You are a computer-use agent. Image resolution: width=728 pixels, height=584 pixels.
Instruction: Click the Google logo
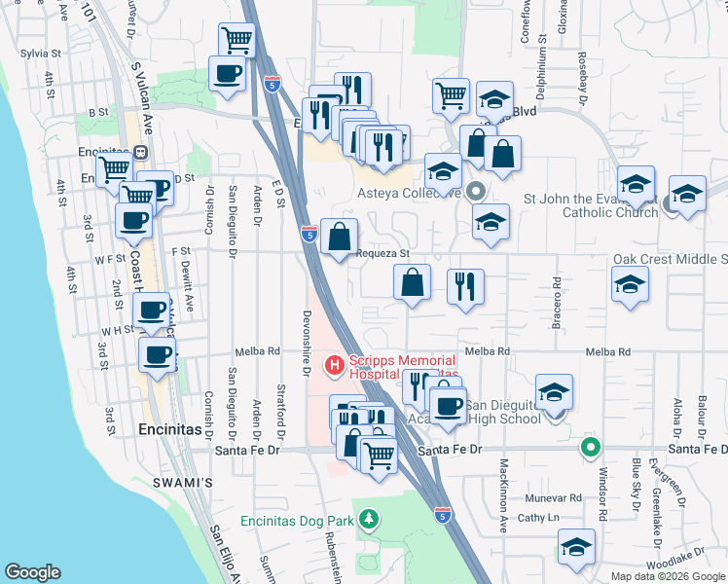pyautogui.click(x=33, y=572)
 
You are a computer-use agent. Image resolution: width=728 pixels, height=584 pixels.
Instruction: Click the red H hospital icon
pyautogui.click(x=334, y=365)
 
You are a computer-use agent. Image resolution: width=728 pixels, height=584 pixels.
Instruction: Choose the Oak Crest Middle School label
pyautogui.click(x=670, y=260)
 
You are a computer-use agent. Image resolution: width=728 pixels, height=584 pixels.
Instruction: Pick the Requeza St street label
pyautogui.click(x=385, y=253)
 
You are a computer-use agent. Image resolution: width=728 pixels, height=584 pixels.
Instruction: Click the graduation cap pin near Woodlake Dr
pyautogui.click(x=576, y=547)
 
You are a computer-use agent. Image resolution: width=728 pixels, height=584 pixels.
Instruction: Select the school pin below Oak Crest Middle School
pyautogui.click(x=630, y=285)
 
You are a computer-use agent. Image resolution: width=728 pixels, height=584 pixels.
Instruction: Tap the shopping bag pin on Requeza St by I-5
pyautogui.click(x=340, y=237)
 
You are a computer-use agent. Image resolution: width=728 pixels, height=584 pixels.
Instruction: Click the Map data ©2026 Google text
pyautogui.click(x=669, y=575)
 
